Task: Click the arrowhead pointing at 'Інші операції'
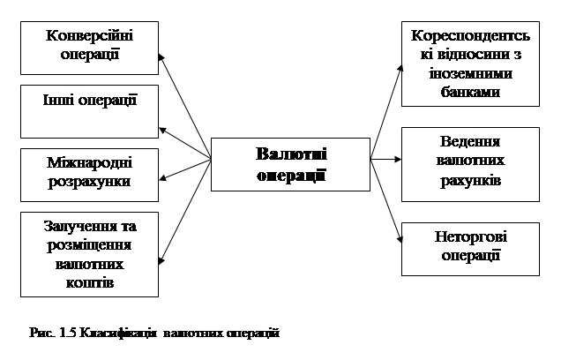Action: (x=162, y=126)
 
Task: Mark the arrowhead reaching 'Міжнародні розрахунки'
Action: (x=162, y=178)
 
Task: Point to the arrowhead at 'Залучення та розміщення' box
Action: (x=162, y=259)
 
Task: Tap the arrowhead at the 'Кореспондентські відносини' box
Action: (x=399, y=75)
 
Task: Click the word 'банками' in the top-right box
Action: (x=470, y=91)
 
